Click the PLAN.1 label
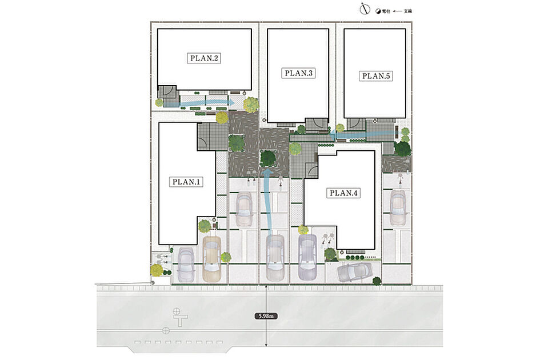(186, 182)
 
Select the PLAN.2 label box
(204, 58)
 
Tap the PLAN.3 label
(298, 73)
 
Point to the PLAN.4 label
(343, 193)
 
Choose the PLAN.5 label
(376, 76)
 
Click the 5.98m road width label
(266, 315)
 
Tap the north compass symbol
(365, 9)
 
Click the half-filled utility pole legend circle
(378, 11)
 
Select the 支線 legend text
(408, 11)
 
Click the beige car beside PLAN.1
(211, 259)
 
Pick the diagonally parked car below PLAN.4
(355, 272)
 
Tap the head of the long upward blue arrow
(267, 171)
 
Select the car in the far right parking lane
(398, 209)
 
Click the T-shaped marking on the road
(180, 317)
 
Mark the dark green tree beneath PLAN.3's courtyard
(268, 158)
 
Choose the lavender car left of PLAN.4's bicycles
(307, 257)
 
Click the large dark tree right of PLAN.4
(403, 149)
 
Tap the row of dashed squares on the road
(178, 342)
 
